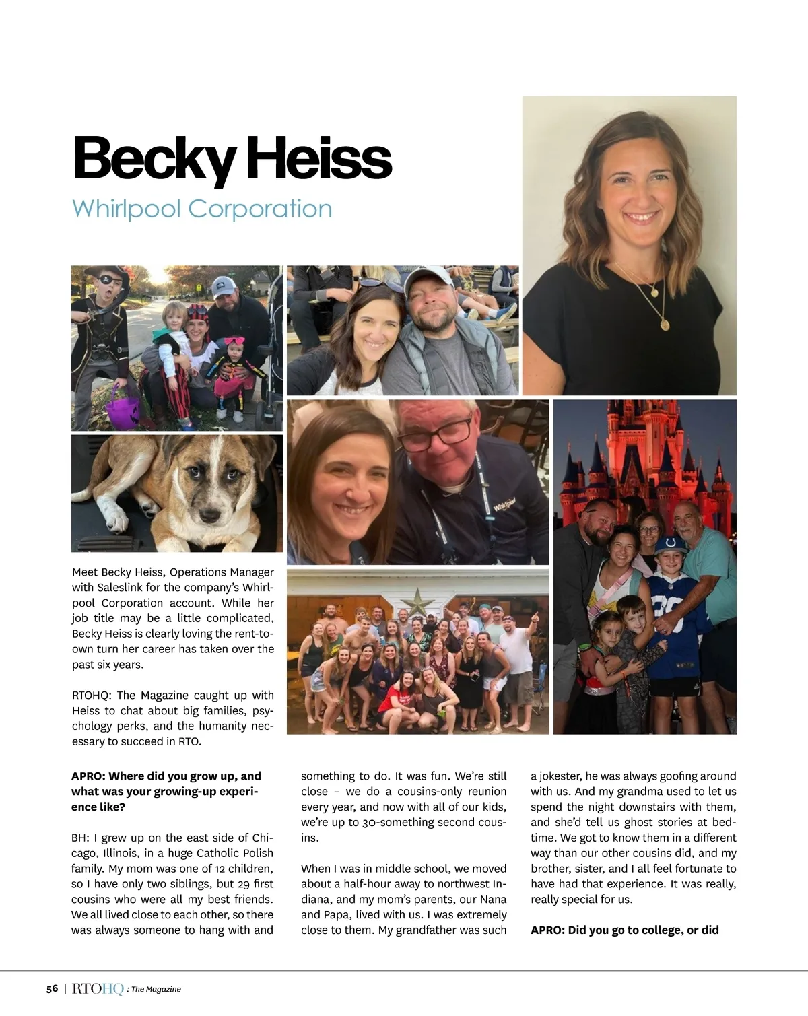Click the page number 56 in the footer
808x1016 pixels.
[x=52, y=989]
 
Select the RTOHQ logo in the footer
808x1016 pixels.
[x=97, y=989]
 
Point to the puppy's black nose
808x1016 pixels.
[x=211, y=515]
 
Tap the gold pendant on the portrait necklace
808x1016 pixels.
[x=664, y=324]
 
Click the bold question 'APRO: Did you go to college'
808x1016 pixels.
[x=624, y=930]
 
